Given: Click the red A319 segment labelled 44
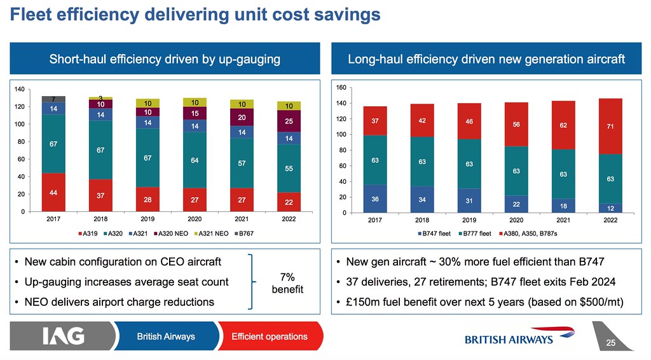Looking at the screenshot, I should coord(53,192).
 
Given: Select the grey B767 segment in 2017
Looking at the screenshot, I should coord(53,99).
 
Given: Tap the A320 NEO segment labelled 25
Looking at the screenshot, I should coord(289,121).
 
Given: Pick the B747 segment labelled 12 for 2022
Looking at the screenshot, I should coord(609,208).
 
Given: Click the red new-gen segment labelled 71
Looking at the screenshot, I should coord(609,126).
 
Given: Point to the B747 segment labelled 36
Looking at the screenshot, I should coord(375,199).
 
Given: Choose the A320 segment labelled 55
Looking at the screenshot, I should coord(289,168).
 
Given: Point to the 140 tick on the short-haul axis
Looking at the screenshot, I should coord(20,90).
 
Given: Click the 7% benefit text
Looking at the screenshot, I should coord(286,283).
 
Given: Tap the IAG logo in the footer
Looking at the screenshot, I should coord(64,336).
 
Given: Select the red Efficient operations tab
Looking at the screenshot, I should coord(269,336).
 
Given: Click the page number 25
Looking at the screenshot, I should coord(611,343).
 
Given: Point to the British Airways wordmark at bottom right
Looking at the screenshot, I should coord(509,340).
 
